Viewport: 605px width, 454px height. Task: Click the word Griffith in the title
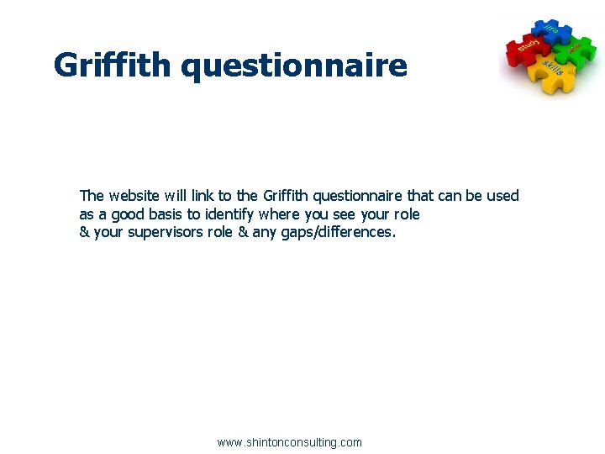point(113,65)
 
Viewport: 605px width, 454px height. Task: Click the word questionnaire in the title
point(294,66)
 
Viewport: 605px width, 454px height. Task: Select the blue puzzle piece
point(550,31)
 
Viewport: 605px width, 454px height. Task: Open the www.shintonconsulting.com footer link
point(289,442)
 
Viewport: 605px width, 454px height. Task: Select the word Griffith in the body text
point(287,196)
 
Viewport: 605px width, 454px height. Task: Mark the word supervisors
point(165,233)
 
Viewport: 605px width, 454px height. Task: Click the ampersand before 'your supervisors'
point(84,233)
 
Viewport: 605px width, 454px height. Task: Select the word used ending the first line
point(502,196)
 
